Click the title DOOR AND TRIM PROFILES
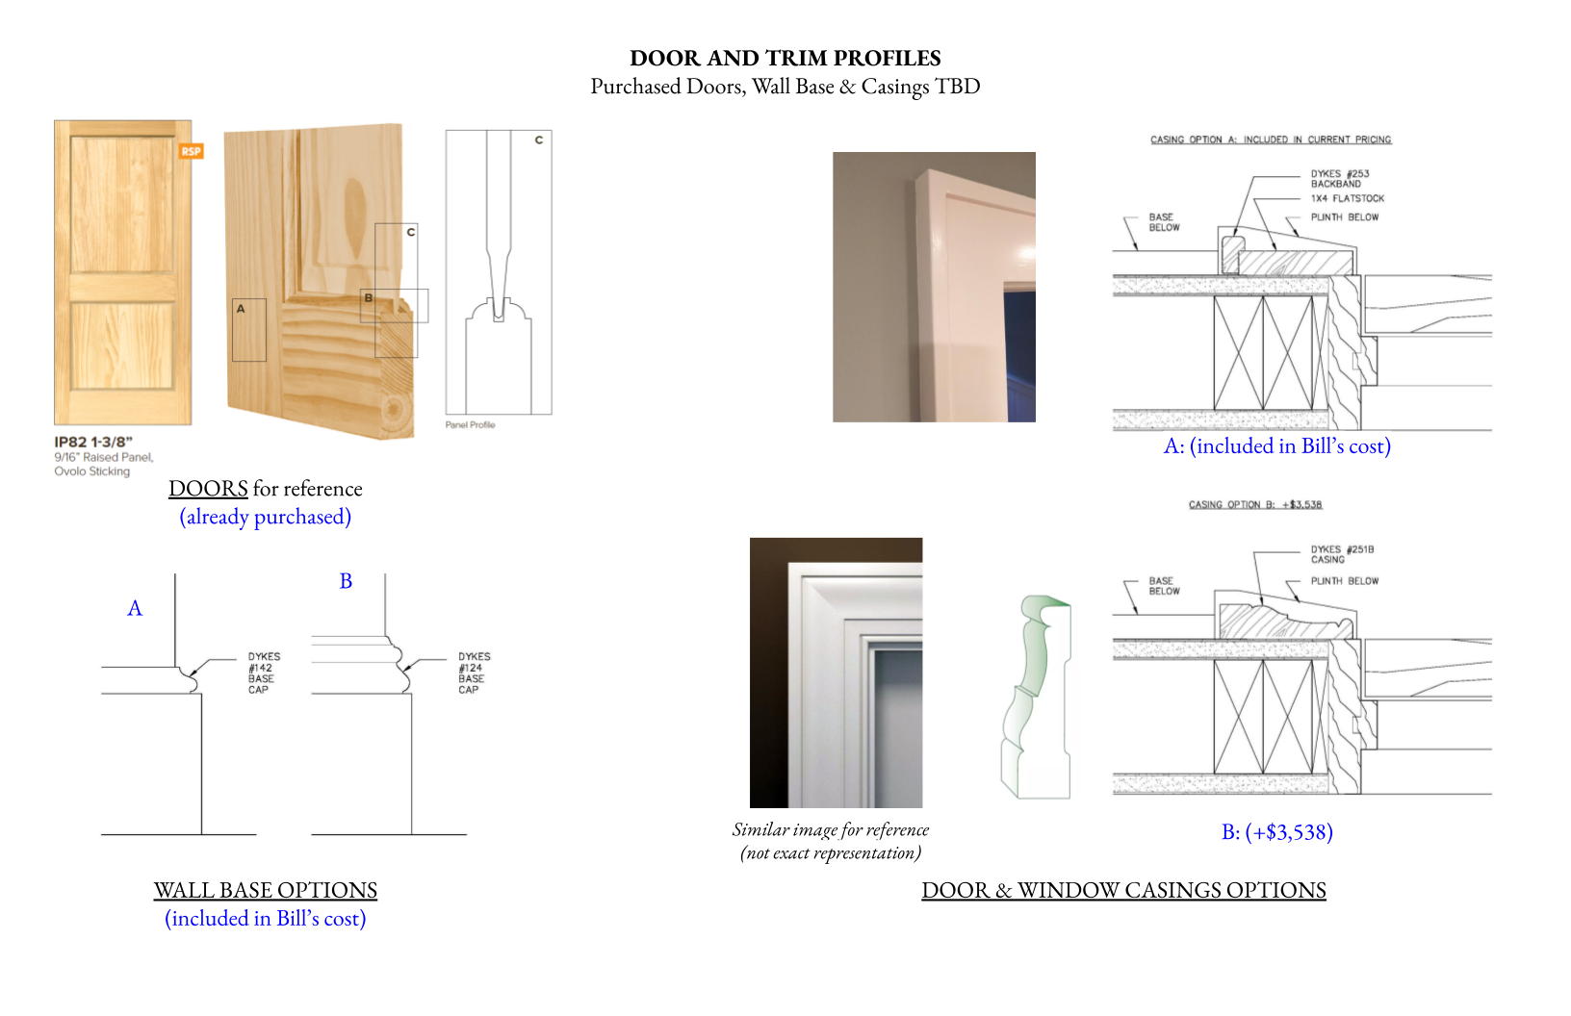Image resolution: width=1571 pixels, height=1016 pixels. click(x=785, y=58)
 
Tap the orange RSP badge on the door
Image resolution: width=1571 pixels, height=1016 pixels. click(x=191, y=151)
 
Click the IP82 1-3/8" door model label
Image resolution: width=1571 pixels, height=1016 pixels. click(x=93, y=442)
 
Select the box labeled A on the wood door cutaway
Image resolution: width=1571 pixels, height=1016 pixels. click(x=248, y=330)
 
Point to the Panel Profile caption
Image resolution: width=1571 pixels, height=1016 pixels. click(x=470, y=424)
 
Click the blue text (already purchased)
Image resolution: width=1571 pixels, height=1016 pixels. click(x=265, y=517)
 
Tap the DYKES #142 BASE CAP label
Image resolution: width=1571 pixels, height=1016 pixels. click(x=263, y=673)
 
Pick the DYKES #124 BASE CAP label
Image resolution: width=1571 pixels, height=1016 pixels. click(x=473, y=673)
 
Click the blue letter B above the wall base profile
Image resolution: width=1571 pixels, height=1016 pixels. click(x=346, y=581)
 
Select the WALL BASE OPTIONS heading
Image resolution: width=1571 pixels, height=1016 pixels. click(x=265, y=890)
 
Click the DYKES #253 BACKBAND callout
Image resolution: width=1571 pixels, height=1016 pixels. click(x=1339, y=179)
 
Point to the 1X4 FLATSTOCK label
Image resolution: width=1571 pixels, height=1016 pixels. click(x=1347, y=198)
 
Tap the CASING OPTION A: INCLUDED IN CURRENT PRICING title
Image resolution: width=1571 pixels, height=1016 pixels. click(x=1271, y=140)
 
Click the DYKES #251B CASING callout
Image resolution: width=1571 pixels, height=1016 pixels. click(x=1341, y=554)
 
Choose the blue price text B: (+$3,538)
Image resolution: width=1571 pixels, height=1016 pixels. click(x=1276, y=832)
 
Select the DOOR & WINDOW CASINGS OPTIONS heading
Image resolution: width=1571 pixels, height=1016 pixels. click(x=1123, y=890)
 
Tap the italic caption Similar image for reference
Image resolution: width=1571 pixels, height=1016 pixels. click(x=830, y=830)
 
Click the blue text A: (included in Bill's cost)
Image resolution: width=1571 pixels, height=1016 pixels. click(x=1276, y=446)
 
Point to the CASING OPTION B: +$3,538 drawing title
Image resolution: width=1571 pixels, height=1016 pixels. click(x=1254, y=504)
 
